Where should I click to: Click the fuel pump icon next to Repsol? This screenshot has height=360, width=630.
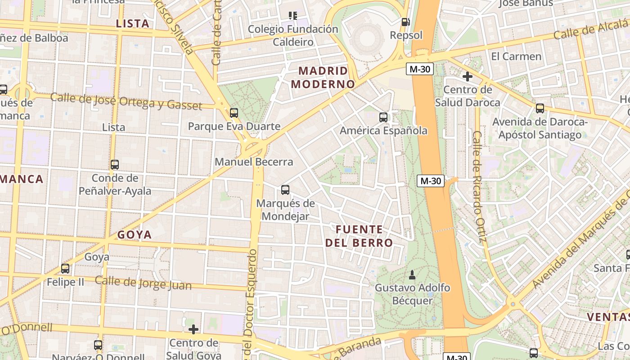405,22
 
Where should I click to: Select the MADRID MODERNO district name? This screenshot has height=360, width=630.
323,77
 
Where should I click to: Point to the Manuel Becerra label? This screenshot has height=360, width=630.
254,162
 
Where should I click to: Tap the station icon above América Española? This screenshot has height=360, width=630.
383,117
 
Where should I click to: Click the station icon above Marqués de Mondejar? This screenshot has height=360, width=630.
285,190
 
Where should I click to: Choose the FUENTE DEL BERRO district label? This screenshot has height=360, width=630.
359,236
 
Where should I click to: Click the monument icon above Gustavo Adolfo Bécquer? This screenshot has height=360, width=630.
412,274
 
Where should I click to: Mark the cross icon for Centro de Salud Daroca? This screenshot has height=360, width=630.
468,76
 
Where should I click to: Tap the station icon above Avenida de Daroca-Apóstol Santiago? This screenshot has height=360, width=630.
540,108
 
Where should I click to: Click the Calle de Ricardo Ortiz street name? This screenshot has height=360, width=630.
480,186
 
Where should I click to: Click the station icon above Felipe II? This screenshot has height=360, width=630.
65,269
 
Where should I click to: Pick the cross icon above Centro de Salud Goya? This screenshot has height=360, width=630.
193,329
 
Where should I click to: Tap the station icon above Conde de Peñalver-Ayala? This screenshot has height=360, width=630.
115,165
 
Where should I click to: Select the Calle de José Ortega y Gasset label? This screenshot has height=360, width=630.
126,101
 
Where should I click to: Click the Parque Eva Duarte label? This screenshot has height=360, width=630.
234,126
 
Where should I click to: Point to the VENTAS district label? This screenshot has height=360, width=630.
608,317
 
